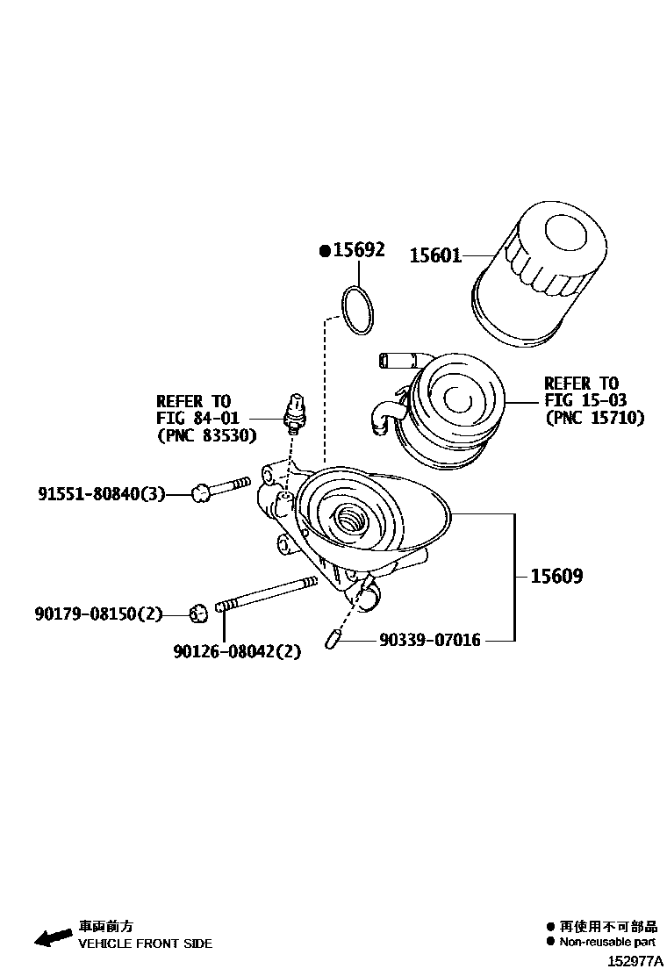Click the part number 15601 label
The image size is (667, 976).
click(435, 255)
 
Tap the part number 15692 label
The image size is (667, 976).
click(358, 251)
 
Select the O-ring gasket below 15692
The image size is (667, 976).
click(356, 310)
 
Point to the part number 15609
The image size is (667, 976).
click(556, 577)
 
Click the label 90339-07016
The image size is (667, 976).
click(430, 641)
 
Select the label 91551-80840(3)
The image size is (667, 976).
click(101, 495)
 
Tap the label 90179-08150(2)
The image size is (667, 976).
click(99, 614)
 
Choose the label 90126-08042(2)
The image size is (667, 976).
click(237, 651)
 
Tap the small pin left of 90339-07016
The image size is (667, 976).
click(333, 641)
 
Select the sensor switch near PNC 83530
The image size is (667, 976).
click(294, 412)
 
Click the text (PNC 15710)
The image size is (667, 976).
click(594, 418)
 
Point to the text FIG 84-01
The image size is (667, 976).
click(197, 418)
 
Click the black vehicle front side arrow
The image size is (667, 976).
click(54, 937)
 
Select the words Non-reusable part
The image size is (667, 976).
click(607, 942)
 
